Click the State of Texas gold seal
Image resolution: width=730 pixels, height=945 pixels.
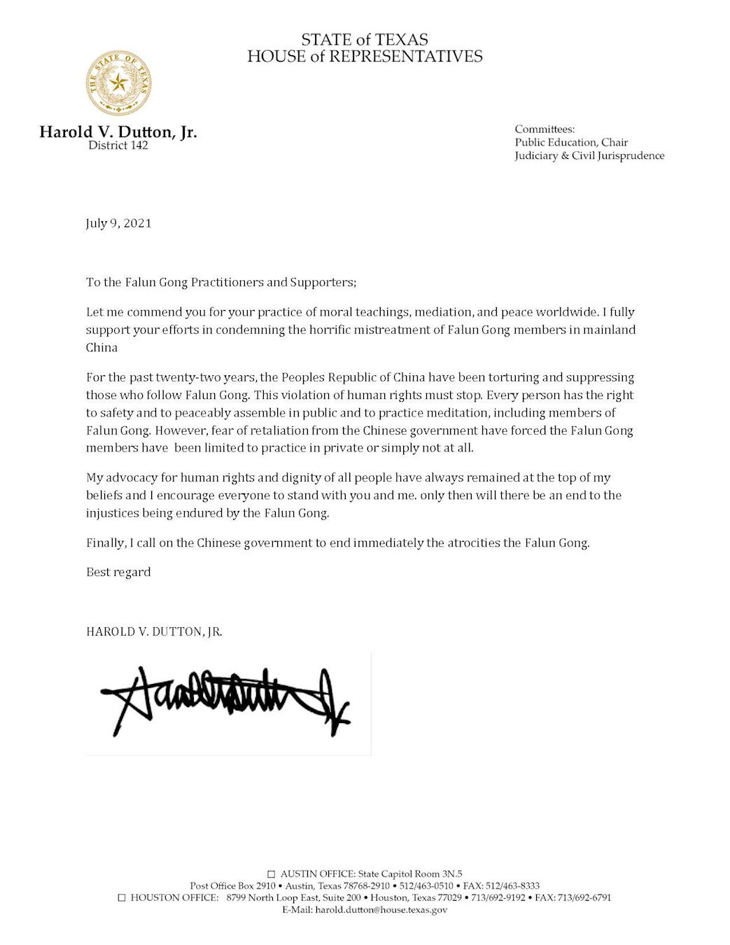click(x=118, y=83)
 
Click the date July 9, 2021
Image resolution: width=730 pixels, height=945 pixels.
click(x=118, y=223)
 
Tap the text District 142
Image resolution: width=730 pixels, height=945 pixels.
click(x=118, y=146)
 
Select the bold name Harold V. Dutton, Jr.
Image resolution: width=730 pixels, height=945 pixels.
click(x=118, y=132)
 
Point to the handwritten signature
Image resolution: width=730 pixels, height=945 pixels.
click(x=224, y=700)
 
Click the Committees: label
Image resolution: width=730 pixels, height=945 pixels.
click(x=545, y=129)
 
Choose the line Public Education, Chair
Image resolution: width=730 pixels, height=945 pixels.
click(x=571, y=142)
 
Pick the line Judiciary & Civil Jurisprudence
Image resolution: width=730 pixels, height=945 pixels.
click(x=589, y=155)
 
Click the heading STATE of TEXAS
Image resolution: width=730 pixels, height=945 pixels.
click(x=365, y=40)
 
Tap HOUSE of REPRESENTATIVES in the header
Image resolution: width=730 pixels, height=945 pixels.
click(x=365, y=57)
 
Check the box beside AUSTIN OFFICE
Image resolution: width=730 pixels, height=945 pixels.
click(x=272, y=874)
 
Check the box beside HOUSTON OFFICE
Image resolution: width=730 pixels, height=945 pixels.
click(x=122, y=897)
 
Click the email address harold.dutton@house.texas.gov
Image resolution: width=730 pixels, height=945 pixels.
click(x=381, y=910)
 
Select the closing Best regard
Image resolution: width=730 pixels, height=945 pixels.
click(x=118, y=572)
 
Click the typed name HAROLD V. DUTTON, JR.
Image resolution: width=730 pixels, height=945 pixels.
click(x=154, y=631)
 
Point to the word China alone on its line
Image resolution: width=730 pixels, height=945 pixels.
click(x=101, y=348)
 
